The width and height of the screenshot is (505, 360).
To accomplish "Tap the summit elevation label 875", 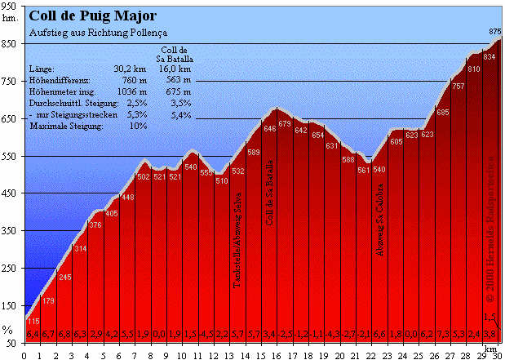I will pyautogui.click(x=494, y=31).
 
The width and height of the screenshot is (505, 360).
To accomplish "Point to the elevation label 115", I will pyautogui.click(x=33, y=321).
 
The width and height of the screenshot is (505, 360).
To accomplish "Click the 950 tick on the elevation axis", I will pyautogui.click(x=11, y=5).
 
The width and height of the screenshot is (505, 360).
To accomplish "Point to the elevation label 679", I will pyautogui.click(x=285, y=124).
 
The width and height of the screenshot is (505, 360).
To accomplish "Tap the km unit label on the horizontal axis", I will pyautogui.click(x=489, y=347).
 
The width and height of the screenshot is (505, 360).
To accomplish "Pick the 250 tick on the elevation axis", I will pyautogui.click(x=11, y=268).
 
